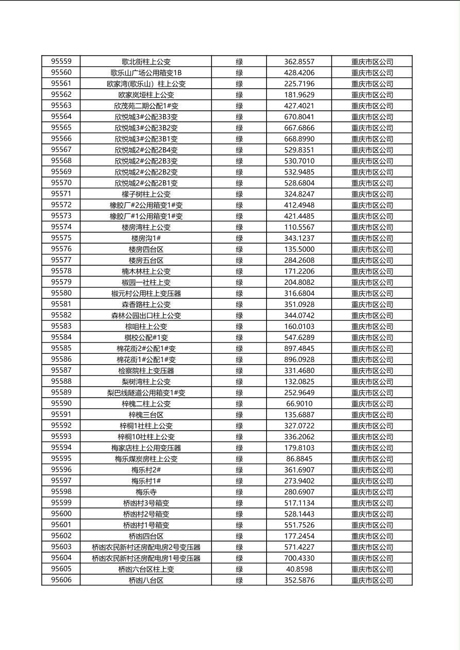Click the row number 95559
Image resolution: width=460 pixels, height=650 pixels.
coord(61,61)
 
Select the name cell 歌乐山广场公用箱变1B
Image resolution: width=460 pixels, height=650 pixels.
coord(146,73)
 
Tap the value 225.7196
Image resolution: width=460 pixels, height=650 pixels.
coord(299,83)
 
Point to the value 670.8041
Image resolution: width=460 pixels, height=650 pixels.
coord(299,116)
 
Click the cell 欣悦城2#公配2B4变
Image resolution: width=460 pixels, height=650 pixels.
coord(146,150)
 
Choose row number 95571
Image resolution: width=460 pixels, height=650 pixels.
coord(61,194)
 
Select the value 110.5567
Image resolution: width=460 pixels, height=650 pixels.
coord(299,227)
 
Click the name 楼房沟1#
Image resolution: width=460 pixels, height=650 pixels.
coord(146,238)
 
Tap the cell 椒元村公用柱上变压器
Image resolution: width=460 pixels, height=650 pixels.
coord(146,293)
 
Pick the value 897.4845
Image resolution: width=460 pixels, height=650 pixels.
coord(299,348)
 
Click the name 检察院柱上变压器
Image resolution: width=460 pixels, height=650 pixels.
coord(146,370)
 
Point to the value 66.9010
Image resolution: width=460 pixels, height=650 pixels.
coord(299,403)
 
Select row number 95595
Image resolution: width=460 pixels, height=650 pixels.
coord(61,458)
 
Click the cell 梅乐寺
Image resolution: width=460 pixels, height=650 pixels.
coord(146,492)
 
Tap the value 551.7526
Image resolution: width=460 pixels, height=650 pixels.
coord(299,525)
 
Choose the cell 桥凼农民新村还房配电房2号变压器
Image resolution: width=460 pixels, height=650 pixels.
coord(146,547)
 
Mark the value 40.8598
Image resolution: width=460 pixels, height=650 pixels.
coord(299,569)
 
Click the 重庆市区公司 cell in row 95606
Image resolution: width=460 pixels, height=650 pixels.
coord(372,580)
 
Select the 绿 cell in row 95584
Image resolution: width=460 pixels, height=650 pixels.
coord(239,337)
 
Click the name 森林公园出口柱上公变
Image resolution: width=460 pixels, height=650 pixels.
coord(146,315)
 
